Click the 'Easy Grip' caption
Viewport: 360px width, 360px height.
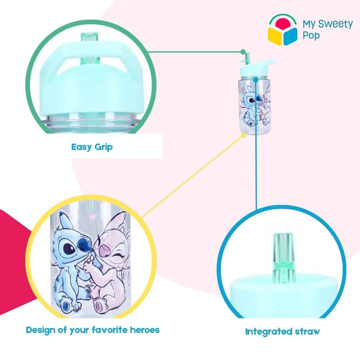click(92, 147)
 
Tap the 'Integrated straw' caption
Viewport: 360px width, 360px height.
click(282, 332)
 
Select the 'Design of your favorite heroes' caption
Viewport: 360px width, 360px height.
click(93, 330)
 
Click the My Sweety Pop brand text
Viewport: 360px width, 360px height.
click(327, 29)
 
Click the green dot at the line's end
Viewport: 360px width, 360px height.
click(243, 52)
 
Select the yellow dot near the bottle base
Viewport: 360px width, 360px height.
click(244, 135)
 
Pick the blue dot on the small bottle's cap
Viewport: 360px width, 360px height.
click(256, 79)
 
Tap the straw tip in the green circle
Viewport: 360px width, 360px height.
click(89, 37)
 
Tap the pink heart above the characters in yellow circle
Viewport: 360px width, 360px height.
click(92, 217)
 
